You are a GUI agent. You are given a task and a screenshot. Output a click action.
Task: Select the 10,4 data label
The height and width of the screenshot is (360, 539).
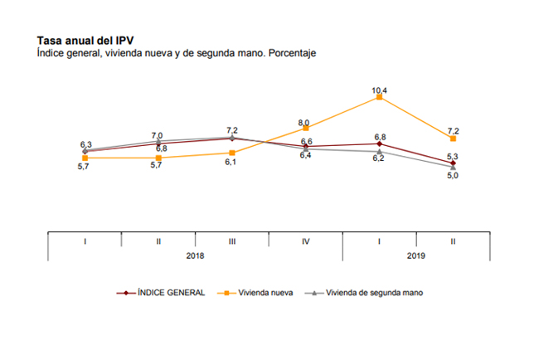pyautogui.click(x=380, y=87)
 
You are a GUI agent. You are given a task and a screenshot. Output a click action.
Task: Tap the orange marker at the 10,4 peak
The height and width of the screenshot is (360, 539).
pyautogui.click(x=380, y=97)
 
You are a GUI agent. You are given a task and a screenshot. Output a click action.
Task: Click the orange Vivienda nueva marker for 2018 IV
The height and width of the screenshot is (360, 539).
pyautogui.click(x=306, y=128)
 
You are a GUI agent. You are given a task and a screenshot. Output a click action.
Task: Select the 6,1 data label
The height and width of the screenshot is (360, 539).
pyautogui.click(x=232, y=163)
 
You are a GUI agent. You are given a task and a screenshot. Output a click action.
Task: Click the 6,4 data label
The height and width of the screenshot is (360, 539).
pyautogui.click(x=305, y=156)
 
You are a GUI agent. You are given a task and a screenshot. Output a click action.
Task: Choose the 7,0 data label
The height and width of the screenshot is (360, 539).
pyautogui.click(x=158, y=135)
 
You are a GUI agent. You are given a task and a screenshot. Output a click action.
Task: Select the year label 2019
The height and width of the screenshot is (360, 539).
pyautogui.click(x=415, y=255)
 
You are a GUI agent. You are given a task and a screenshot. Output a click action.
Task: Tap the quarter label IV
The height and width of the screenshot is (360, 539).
pyautogui.click(x=306, y=241)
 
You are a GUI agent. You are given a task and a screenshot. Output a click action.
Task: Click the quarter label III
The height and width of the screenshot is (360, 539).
pyautogui.click(x=232, y=241)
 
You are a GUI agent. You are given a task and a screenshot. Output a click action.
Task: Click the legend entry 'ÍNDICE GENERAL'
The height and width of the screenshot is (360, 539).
pyautogui.click(x=172, y=293)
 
